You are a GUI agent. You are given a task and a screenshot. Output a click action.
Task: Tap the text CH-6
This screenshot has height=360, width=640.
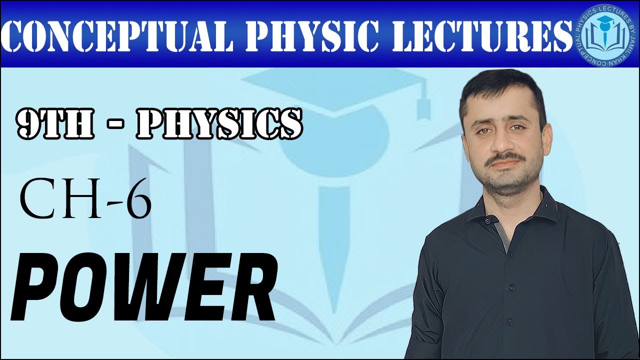pyautogui.click(x=85, y=200)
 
